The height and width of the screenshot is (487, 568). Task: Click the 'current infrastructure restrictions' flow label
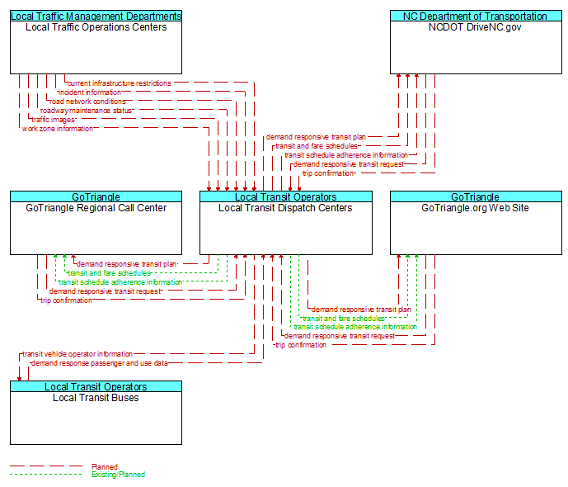coord(120,83)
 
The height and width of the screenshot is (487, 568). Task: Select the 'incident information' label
coord(90,92)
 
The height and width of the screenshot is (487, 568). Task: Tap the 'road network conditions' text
coord(87,102)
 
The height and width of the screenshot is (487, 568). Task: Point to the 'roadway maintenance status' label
coord(86,111)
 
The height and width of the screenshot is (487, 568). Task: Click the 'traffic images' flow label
coord(53,120)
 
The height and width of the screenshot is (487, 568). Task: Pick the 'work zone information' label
coord(57,129)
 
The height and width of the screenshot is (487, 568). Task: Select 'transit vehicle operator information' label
coord(77,353)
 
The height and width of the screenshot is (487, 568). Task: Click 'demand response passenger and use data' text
coord(100,362)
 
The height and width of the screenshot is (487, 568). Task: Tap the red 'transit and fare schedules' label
coord(317,146)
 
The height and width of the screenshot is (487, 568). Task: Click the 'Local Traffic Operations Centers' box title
coord(96,27)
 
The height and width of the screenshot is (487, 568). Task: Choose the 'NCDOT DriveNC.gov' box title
coord(475,27)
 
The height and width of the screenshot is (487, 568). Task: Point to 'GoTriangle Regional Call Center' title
coord(96,208)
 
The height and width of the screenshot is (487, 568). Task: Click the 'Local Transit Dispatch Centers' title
coord(285,208)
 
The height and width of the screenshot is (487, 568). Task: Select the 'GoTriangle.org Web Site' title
coord(475,208)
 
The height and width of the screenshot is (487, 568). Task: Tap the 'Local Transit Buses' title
coord(96,397)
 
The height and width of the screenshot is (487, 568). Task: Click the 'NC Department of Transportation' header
coord(476,16)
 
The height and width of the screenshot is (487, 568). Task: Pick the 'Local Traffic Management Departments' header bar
coord(96,16)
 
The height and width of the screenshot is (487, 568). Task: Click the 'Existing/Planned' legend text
coord(118,475)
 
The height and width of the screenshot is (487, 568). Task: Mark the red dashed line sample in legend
coord(46,466)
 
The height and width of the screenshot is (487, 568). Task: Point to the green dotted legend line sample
coord(46,474)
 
